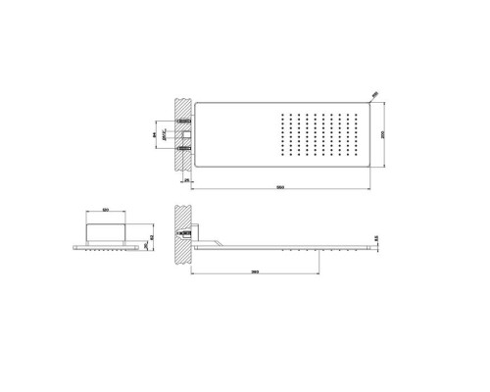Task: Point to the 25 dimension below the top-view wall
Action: pyautogui.click(x=185, y=181)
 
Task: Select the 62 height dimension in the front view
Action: pyautogui.click(x=138, y=237)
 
